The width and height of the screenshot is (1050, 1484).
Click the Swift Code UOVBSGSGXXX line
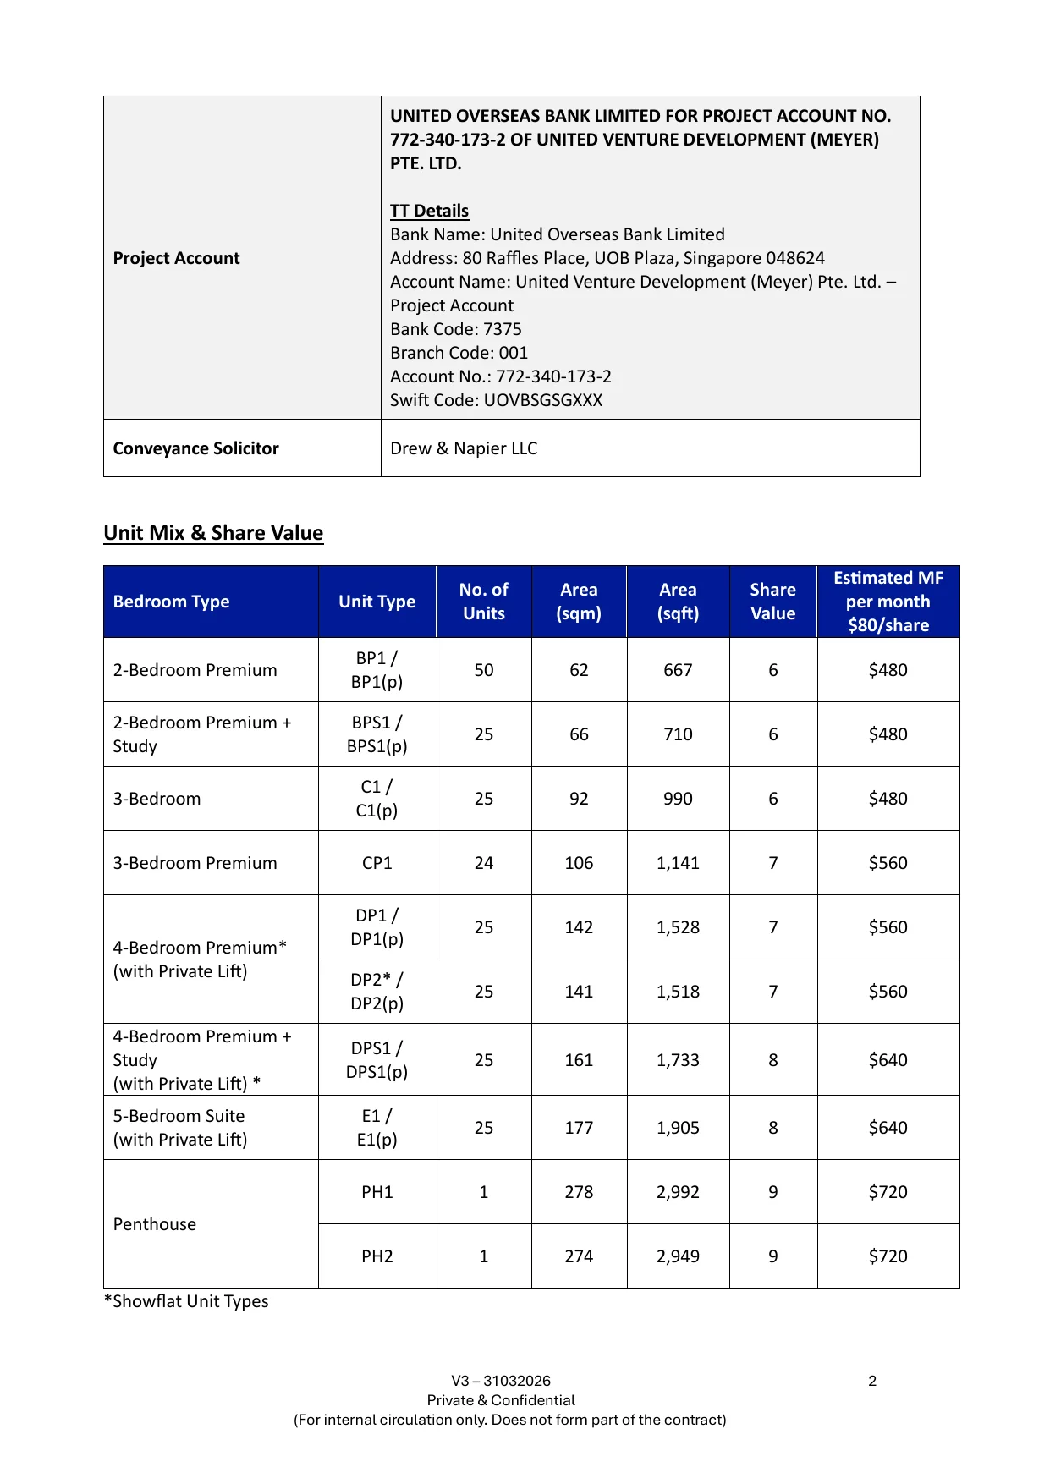(496, 400)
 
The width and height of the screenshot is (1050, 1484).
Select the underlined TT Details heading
(429, 211)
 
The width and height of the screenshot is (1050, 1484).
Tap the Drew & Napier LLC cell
(464, 448)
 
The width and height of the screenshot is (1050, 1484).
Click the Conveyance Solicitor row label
(195, 448)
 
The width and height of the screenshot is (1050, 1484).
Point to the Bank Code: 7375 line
(455, 329)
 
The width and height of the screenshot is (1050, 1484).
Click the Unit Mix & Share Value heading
(213, 533)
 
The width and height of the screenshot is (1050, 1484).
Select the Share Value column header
(772, 602)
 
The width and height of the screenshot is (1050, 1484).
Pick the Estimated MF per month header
(888, 602)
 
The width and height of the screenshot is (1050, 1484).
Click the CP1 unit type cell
(377, 863)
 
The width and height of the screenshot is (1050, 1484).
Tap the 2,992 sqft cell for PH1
(678, 1192)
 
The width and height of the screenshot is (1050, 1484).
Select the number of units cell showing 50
(483, 670)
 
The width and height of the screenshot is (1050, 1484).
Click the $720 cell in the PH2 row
(888, 1256)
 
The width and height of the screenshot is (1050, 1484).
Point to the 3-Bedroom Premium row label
(195, 863)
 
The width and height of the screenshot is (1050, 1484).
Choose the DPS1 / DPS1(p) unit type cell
(377, 1060)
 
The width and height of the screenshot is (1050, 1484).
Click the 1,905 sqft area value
(678, 1128)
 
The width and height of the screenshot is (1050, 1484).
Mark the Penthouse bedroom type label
(154, 1224)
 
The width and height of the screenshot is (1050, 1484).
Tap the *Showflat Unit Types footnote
(186, 1301)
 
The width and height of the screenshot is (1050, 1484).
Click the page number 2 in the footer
(872, 1381)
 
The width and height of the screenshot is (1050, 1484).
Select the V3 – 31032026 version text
(501, 1381)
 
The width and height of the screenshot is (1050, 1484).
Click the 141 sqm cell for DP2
(579, 992)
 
